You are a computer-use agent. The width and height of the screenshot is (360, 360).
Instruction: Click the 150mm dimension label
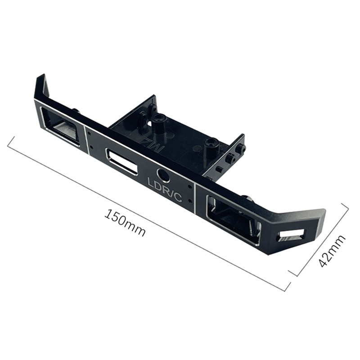point(125,222)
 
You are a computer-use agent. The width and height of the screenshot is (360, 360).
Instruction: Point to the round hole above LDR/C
point(162,175)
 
